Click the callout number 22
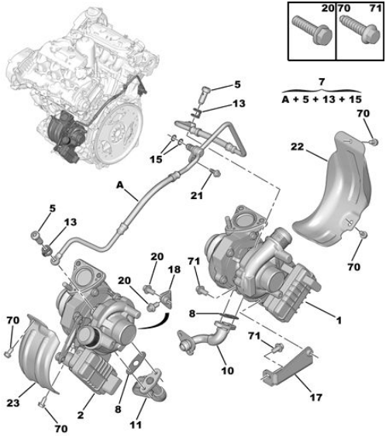point(297,146)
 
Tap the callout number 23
point(13,403)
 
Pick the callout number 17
point(316,397)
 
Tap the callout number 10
point(227,370)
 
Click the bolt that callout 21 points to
point(215,173)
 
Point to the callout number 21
point(197,195)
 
